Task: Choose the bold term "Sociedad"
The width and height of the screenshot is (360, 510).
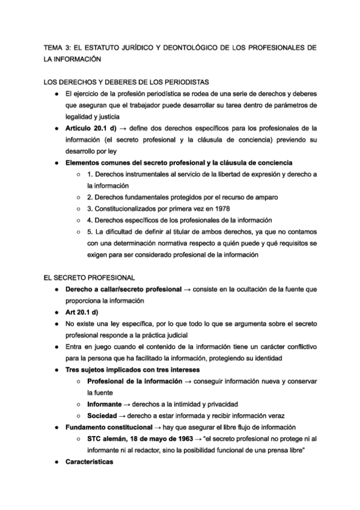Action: [102, 416]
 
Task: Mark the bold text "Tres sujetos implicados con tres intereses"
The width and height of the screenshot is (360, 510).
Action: [133, 369]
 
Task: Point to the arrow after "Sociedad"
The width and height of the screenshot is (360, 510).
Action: [124, 416]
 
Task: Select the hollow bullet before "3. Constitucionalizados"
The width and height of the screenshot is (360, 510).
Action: [79, 209]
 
